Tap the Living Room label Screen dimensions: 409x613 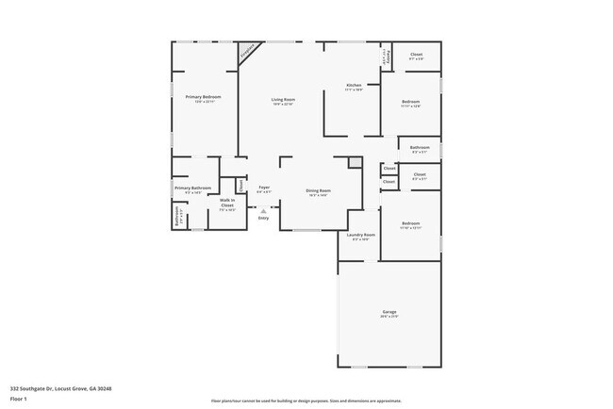click(284, 99)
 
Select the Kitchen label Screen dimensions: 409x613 click(354, 85)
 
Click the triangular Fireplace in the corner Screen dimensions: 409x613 click(249, 51)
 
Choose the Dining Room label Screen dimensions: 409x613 click(318, 190)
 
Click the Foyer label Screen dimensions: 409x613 click(264, 187)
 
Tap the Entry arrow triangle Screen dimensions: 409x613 click(263, 211)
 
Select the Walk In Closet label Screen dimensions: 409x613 click(227, 202)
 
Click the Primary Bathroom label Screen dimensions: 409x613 click(193, 188)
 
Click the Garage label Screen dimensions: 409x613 click(389, 311)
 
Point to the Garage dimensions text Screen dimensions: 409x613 click(389, 317)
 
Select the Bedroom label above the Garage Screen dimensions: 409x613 click(409, 223)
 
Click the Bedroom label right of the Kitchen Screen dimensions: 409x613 click(410, 101)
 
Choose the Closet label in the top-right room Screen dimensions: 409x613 click(416, 55)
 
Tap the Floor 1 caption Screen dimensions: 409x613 click(19, 398)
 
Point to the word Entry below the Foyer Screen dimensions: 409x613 click(263, 219)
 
